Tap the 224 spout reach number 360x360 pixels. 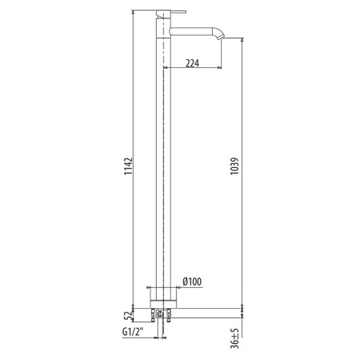click(x=192, y=65)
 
